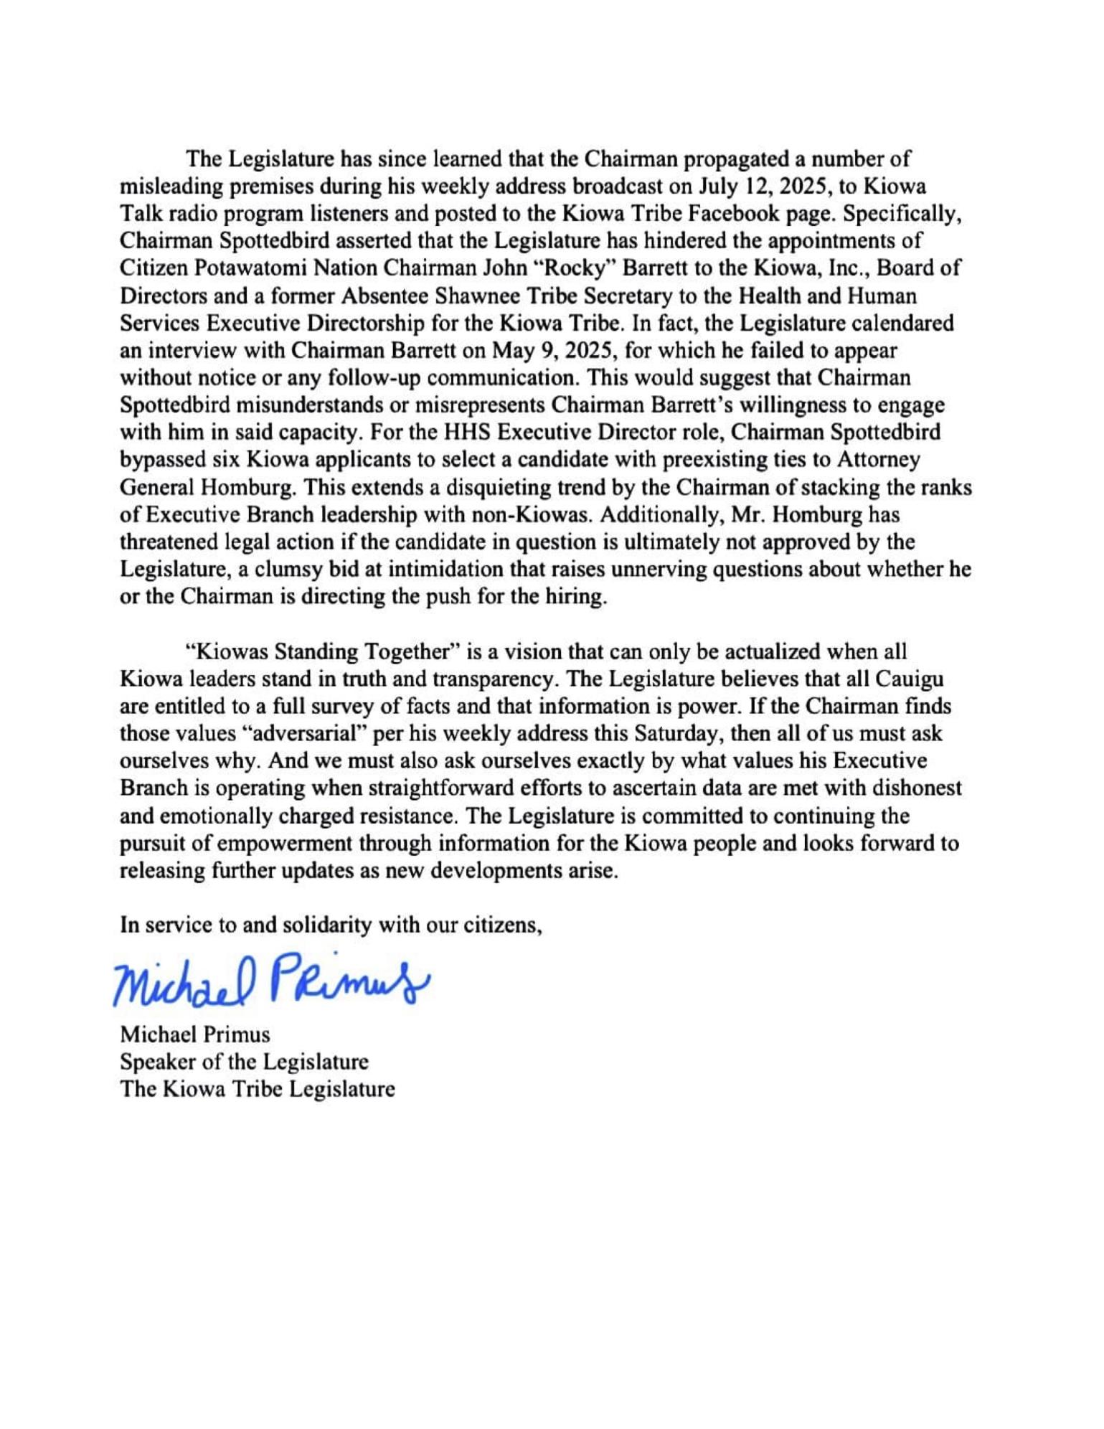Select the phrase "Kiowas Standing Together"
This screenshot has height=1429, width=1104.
[x=322, y=651]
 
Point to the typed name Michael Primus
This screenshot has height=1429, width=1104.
[x=195, y=1034]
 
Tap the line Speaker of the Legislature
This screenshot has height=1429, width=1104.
[x=244, y=1062]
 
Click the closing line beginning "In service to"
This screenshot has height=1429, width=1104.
[x=331, y=925]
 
